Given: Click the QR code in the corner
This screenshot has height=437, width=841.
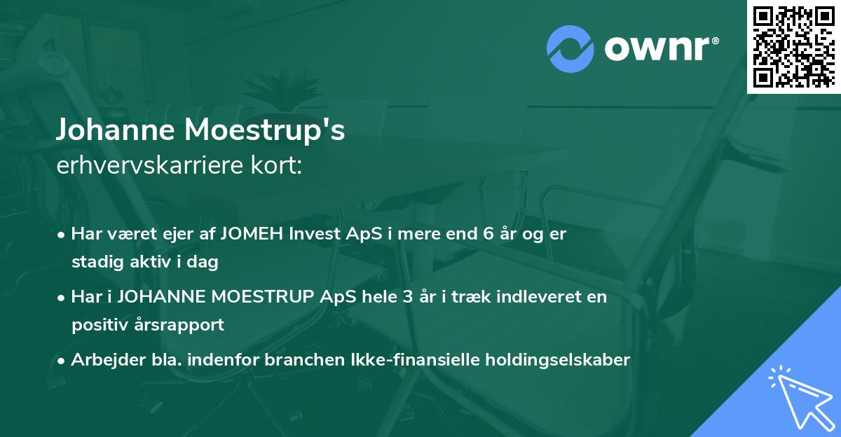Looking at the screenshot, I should pos(793,46).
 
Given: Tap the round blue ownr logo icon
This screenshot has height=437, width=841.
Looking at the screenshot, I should pos(570,48).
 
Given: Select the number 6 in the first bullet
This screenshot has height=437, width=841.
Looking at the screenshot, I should pos(488,234).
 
